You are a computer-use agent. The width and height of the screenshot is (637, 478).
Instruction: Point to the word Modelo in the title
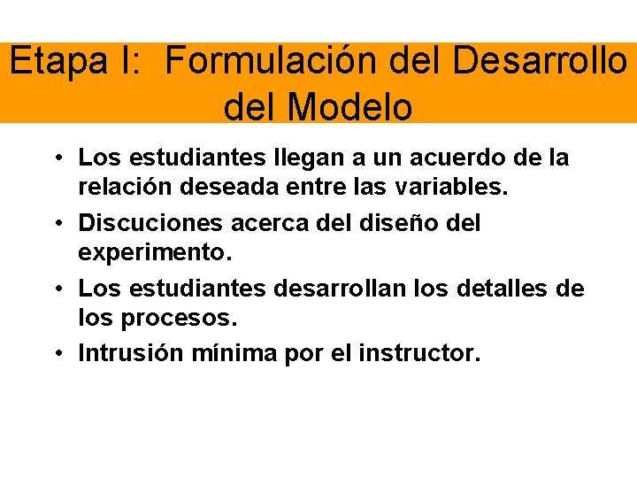coord(351,107)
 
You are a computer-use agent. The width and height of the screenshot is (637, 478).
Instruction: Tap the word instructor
coord(419,354)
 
